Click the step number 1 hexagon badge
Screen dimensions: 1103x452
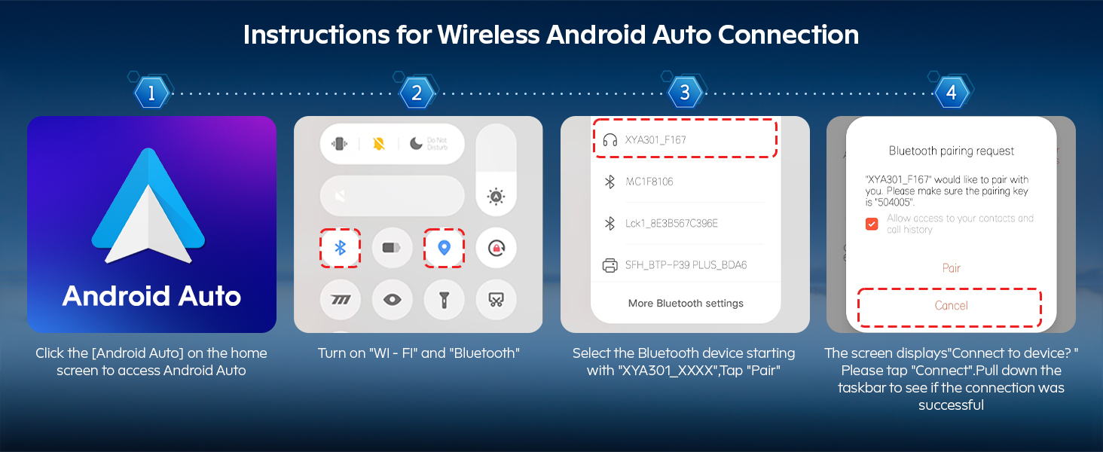click(x=151, y=93)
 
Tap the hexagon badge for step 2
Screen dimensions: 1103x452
click(x=417, y=93)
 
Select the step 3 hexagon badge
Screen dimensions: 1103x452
click(x=684, y=93)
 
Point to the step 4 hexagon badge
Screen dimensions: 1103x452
click(x=951, y=93)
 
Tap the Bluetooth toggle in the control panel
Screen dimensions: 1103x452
click(x=341, y=248)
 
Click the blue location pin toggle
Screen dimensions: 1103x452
click(x=445, y=248)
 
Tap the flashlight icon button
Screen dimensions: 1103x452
click(x=445, y=299)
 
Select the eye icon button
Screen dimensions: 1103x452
click(x=392, y=299)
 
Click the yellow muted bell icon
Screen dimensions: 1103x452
click(x=379, y=144)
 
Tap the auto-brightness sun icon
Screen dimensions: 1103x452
click(x=496, y=197)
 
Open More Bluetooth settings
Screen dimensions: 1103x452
click(x=686, y=304)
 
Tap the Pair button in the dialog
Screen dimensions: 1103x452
click(x=952, y=268)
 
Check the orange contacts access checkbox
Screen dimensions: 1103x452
click(x=872, y=224)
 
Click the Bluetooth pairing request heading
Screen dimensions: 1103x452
click(x=952, y=151)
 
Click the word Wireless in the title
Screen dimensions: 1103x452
click(x=488, y=35)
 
